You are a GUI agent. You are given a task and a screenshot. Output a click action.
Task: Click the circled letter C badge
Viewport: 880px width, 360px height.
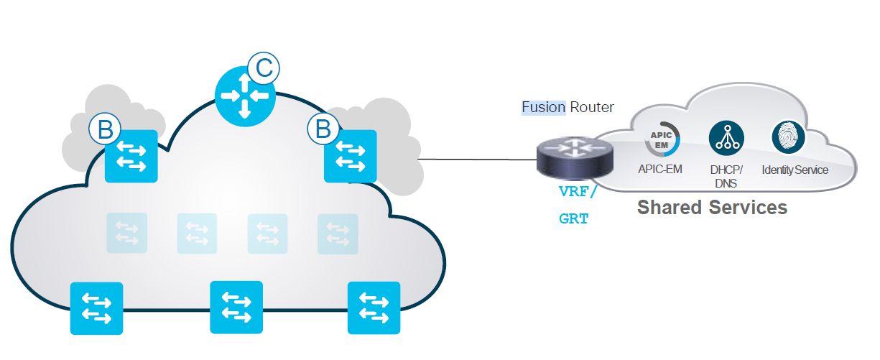click(x=264, y=68)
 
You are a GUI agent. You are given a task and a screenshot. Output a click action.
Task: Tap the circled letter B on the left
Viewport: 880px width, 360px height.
click(x=105, y=129)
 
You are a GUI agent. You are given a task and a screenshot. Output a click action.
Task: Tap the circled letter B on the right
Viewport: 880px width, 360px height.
click(x=323, y=129)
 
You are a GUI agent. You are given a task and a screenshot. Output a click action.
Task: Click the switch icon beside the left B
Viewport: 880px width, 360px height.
click(x=131, y=157)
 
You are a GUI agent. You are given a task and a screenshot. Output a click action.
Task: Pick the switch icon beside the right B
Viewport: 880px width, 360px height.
click(x=350, y=156)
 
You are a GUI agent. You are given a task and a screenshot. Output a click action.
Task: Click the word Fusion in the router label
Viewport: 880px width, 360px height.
click(x=544, y=108)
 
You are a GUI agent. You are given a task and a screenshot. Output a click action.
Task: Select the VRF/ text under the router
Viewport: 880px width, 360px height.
click(x=578, y=193)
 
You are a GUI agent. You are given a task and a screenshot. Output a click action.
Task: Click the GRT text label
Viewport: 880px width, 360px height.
click(x=573, y=218)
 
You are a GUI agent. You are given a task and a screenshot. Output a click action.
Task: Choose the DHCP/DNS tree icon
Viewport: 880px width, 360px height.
click(x=726, y=139)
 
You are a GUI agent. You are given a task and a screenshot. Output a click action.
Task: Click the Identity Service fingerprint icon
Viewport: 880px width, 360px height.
click(x=789, y=137)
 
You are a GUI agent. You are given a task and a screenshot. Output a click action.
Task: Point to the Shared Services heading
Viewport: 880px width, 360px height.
click(x=712, y=208)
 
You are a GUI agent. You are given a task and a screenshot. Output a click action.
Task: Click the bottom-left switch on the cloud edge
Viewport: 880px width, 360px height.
click(x=96, y=308)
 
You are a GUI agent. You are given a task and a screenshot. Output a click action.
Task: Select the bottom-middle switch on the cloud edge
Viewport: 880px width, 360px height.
click(x=236, y=308)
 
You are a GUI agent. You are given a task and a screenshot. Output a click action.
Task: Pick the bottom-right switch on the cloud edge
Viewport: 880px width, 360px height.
click(x=374, y=308)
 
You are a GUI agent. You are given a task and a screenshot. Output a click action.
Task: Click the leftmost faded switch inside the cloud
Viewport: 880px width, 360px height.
click(x=126, y=233)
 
